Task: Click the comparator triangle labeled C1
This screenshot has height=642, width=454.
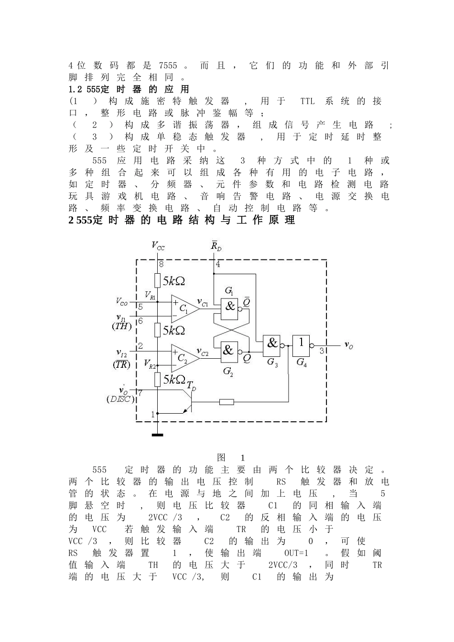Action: (185, 309)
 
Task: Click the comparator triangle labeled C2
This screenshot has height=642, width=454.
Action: (185, 358)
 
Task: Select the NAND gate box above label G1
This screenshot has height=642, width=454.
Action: (229, 309)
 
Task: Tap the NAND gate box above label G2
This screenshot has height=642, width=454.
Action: (229, 352)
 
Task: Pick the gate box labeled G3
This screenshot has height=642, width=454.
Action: (271, 346)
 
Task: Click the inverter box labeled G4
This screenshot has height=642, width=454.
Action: (301, 346)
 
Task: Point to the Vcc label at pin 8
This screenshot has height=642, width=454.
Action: (158, 246)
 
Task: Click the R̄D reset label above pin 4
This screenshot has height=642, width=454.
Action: (216, 246)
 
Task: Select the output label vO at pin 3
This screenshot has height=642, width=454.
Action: (349, 345)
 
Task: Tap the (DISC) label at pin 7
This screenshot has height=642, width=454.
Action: (120, 399)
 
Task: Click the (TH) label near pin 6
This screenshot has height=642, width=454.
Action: (121, 326)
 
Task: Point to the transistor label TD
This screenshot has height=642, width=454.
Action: (192, 386)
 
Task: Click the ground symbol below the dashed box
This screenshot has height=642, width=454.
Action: (157, 435)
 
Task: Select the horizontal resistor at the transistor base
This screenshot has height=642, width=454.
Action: (227, 402)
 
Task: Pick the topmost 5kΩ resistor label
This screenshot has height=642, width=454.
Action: (174, 281)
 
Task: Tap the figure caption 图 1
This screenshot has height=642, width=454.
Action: (231, 458)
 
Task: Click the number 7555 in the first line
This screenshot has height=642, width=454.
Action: (168, 65)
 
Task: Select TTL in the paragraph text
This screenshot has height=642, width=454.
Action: (307, 101)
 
